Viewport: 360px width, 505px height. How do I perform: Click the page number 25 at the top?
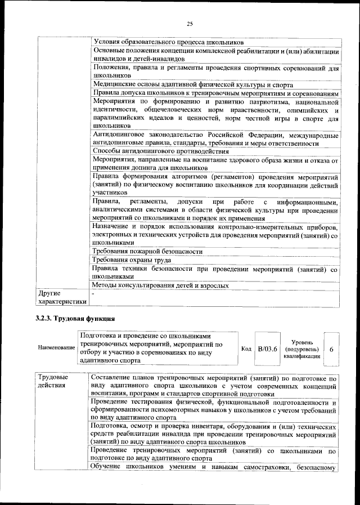(x=190, y=23)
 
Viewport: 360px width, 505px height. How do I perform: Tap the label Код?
(x=246, y=349)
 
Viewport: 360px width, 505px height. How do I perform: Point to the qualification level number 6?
(x=331, y=349)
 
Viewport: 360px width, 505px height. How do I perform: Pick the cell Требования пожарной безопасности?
(x=147, y=251)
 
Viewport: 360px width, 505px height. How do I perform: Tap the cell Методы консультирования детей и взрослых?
(x=161, y=285)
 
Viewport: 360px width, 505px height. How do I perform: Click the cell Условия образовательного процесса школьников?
(x=168, y=42)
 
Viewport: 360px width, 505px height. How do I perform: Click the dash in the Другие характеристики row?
(x=94, y=294)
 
